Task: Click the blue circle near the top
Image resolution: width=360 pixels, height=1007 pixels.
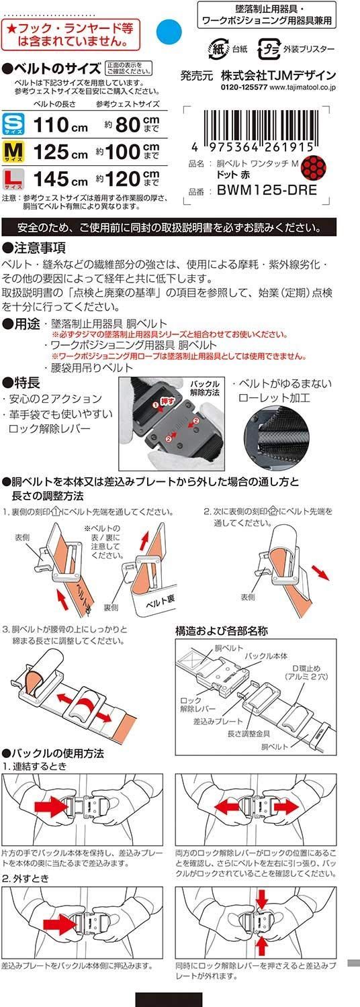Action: click(x=168, y=30)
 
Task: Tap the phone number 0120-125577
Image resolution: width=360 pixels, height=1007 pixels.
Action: click(x=242, y=87)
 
